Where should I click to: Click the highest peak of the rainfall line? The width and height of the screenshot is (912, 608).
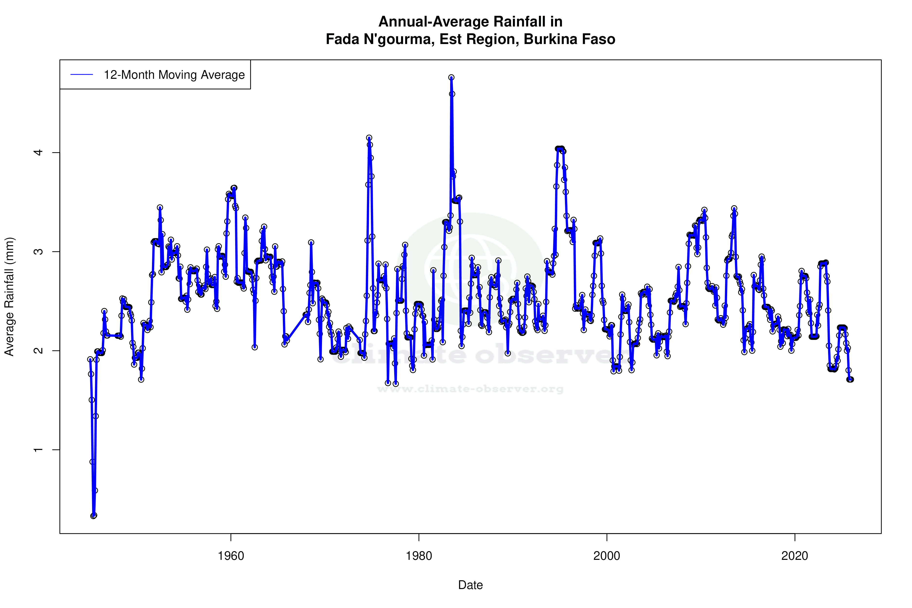coord(451,78)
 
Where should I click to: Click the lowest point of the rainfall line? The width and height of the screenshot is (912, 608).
coord(93,516)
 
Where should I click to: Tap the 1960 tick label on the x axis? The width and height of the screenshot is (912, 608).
coord(231,556)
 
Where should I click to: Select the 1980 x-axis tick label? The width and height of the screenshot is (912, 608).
coord(419,556)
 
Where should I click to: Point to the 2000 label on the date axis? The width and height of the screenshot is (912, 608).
coord(607,556)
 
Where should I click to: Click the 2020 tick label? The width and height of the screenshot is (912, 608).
coord(795,556)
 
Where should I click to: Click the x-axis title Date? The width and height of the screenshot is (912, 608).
coord(470,585)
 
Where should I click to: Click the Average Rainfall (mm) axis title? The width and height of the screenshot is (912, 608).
coord(9,297)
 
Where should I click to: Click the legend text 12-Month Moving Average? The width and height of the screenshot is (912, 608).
coord(174,75)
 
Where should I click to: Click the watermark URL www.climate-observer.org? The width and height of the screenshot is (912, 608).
coord(470,389)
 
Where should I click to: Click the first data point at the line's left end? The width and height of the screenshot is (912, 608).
coord(90,359)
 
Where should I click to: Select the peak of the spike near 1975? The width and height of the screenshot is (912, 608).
coord(369,138)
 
